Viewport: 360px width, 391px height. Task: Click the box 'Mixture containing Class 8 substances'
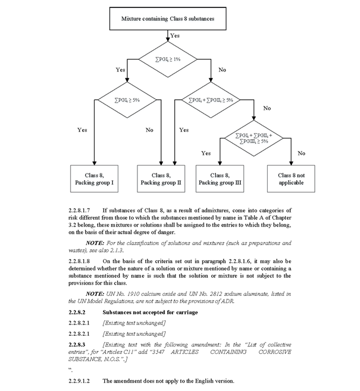(167, 19)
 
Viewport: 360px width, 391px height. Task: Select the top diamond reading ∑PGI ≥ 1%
(167, 59)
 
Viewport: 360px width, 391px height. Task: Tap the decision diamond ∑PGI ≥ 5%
(127, 100)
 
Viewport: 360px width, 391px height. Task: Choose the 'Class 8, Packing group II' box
(161, 179)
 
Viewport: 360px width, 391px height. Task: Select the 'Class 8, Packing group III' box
(220, 179)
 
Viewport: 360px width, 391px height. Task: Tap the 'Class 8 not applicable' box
(291, 179)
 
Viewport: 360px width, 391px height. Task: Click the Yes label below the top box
(175, 35)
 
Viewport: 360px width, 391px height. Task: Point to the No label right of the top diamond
(222, 70)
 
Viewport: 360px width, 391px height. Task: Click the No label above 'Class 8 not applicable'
(301, 153)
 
